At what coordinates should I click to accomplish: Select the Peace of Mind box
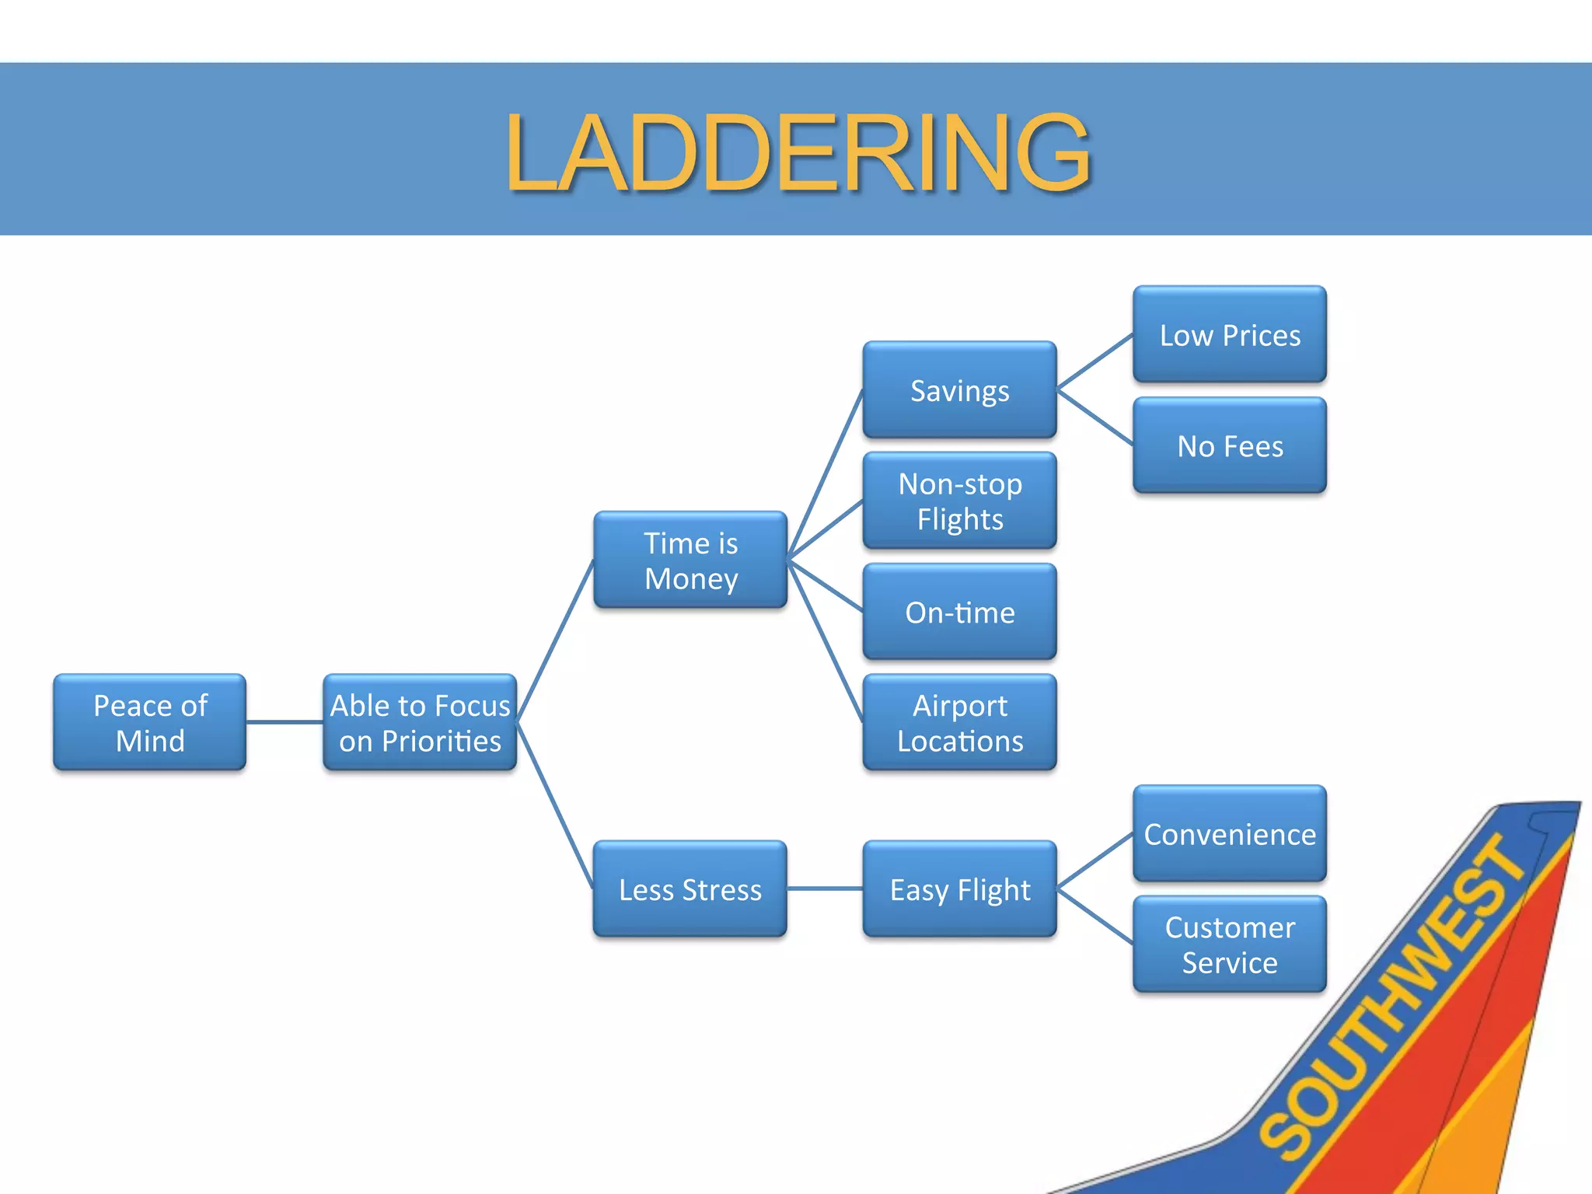150,723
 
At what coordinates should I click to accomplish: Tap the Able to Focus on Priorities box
420,723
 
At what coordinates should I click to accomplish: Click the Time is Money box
690,560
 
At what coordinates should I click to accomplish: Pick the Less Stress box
690,889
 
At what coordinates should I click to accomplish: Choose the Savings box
960,390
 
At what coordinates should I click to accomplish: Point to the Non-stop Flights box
960,501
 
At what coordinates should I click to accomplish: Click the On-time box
960,613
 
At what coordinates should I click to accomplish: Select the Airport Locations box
960,723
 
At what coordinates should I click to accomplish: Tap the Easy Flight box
960,889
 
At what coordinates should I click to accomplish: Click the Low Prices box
1230,335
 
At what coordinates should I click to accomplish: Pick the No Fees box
1230,446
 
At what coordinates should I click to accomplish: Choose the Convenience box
1230,834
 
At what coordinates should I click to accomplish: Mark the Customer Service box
1230,944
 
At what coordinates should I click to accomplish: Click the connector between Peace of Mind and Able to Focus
285,722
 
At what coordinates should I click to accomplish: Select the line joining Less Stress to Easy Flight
825,889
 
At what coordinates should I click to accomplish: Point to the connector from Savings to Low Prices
1095,361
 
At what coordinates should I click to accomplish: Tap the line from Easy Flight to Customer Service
1095,917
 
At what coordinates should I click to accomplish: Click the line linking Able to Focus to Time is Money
555,641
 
